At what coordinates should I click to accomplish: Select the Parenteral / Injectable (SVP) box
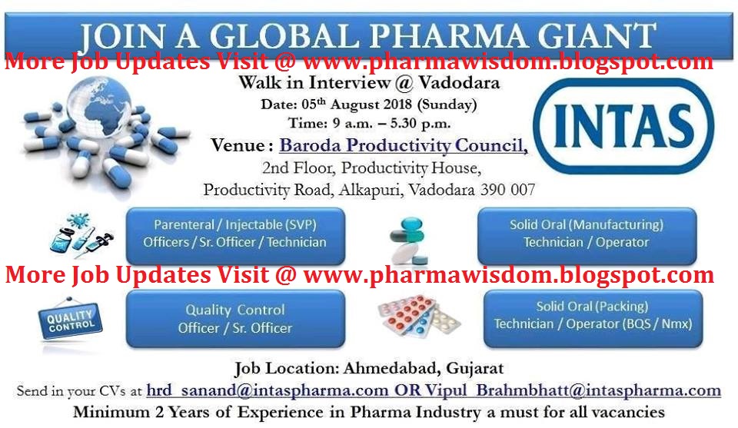point(235,234)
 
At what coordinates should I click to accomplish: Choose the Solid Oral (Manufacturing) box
point(587,234)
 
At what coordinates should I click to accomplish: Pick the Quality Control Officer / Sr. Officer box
point(235,319)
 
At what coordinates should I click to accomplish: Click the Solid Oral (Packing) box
point(592,315)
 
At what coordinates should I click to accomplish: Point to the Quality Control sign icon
point(71,320)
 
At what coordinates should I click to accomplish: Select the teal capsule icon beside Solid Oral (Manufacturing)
point(411,238)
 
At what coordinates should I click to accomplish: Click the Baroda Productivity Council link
point(403,144)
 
